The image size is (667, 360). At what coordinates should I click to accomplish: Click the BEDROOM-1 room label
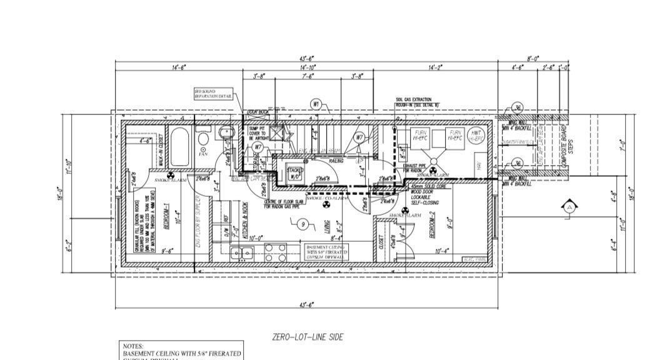click(x=167, y=219)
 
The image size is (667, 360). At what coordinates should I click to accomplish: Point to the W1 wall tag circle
click(x=317, y=104)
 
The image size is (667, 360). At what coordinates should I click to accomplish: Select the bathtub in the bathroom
click(x=179, y=147)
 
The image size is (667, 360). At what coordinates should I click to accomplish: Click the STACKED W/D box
click(x=295, y=173)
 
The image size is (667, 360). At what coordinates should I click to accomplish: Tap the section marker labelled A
click(x=568, y=207)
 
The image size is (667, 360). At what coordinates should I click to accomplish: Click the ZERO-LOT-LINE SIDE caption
click(x=308, y=337)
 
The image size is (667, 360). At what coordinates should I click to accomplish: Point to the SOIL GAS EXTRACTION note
click(x=418, y=102)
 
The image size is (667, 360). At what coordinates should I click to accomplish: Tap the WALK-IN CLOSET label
click(x=161, y=150)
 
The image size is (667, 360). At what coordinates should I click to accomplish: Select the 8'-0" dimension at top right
click(x=533, y=58)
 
